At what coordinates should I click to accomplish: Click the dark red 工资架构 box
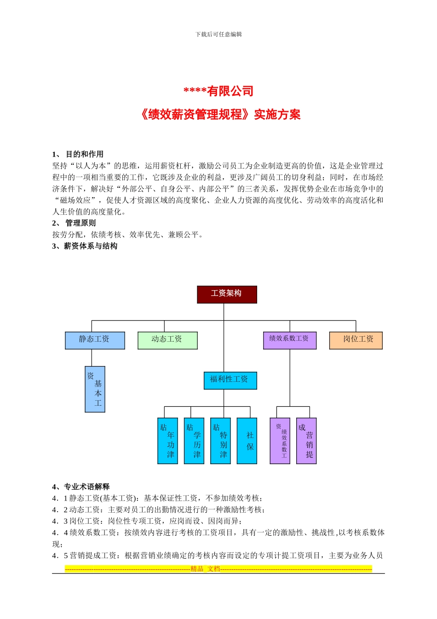pyautogui.click(x=227, y=294)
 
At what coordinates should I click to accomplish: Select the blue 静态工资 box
pyautogui.click(x=95, y=340)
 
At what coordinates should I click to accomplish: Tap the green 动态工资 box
pyautogui.click(x=167, y=340)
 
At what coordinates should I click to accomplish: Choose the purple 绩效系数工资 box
pyautogui.click(x=289, y=340)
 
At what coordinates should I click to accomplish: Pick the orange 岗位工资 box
pyautogui.click(x=356, y=340)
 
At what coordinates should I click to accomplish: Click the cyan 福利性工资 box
pyautogui.click(x=230, y=380)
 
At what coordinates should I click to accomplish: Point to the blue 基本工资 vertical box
pyautogui.click(x=95, y=389)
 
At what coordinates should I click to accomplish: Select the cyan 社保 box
pyautogui.click(x=247, y=441)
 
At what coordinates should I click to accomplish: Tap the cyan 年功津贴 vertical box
pyautogui.click(x=168, y=441)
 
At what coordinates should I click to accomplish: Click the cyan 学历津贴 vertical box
pyautogui.click(x=194, y=441)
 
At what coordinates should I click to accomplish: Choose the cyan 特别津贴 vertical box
pyautogui.click(x=220, y=441)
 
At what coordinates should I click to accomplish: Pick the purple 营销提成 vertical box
pyautogui.click(x=306, y=441)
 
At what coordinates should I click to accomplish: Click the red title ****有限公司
pyautogui.click(x=218, y=91)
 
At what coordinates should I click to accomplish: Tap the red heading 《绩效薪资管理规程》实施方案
pyautogui.click(x=220, y=114)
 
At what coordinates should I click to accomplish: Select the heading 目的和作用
pyautogui.click(x=84, y=154)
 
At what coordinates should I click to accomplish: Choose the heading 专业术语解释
pyautogui.click(x=86, y=487)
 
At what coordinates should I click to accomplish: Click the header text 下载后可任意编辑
pyautogui.click(x=218, y=34)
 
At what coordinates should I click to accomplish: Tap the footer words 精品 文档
pyautogui.click(x=205, y=569)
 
